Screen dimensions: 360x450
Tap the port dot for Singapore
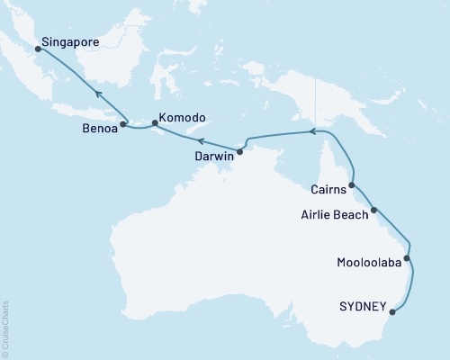(x=38, y=50)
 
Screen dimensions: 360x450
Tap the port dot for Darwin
(x=239, y=150)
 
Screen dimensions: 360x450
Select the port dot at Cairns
(x=351, y=185)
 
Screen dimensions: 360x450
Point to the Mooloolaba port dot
(x=407, y=259)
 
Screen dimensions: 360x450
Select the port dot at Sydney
(x=392, y=314)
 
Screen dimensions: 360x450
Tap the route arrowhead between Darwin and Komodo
(x=202, y=141)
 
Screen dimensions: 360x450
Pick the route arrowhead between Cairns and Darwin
(x=313, y=131)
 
